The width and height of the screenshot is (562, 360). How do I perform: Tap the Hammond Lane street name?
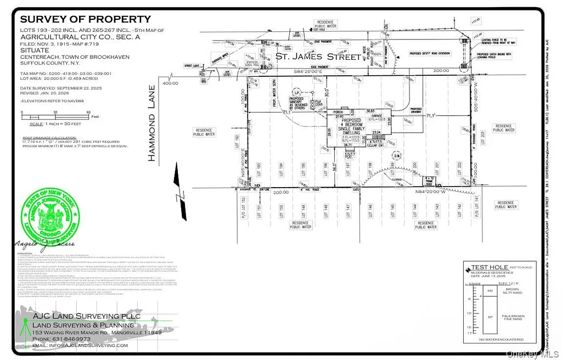point(153,123)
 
